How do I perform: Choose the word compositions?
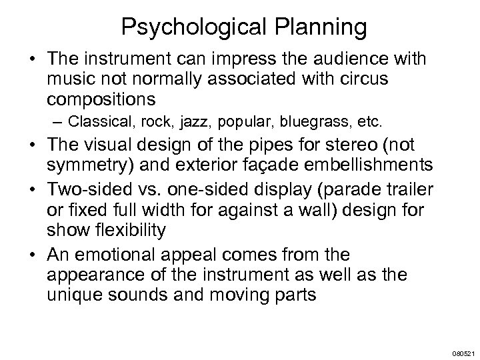pos(101,99)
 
